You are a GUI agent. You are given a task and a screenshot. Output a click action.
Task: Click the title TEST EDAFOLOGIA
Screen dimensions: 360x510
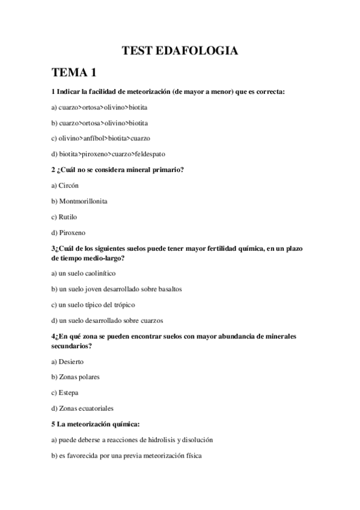pos(180,51)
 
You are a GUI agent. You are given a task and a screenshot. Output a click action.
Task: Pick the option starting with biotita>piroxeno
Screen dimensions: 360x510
pos(108,153)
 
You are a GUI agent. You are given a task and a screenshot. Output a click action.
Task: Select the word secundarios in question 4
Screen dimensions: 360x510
pos(74,346)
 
